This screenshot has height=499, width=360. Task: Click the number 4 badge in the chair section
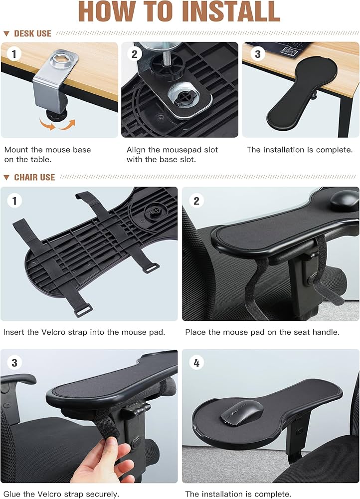196,363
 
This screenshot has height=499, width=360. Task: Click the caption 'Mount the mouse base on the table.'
47,154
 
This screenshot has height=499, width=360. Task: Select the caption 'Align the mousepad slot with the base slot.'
172,154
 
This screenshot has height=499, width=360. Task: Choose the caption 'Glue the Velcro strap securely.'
61,494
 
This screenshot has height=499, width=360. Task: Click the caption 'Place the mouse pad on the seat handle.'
262,332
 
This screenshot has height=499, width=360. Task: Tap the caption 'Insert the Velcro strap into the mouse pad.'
84,332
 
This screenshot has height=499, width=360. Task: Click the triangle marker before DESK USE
6,34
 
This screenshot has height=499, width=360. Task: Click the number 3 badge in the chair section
14,363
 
